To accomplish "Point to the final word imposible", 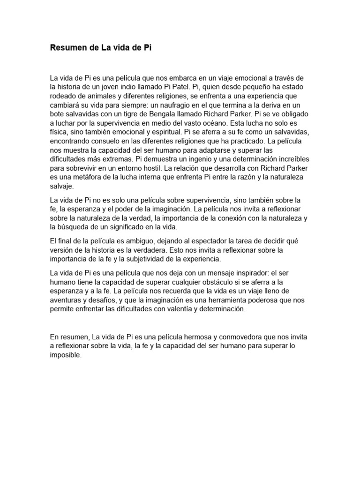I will pyautogui.click(x=66, y=355).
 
